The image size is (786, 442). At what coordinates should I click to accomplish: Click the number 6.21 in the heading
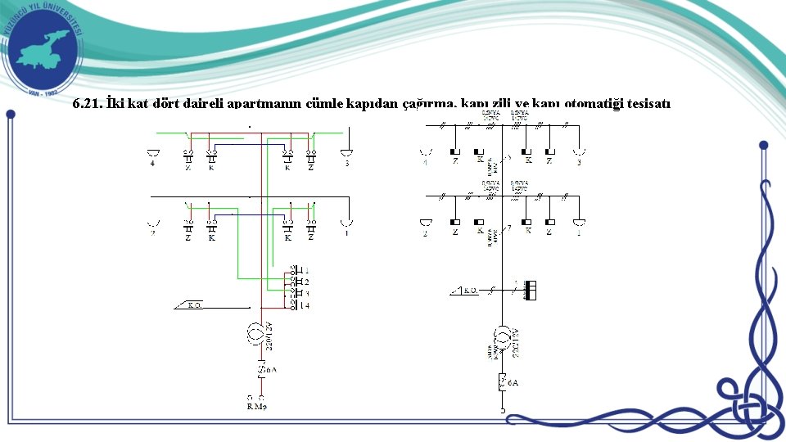click(x=86, y=104)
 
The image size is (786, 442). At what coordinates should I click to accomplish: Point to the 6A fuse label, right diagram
click(x=513, y=382)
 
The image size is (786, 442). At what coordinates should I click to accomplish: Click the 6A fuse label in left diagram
click(x=269, y=369)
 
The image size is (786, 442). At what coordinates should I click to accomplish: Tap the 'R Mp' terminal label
click(x=257, y=406)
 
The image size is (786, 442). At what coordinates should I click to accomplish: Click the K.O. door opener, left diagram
click(x=193, y=306)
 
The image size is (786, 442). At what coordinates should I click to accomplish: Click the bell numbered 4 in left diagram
click(x=152, y=153)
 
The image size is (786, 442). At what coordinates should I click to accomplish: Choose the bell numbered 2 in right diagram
click(x=425, y=223)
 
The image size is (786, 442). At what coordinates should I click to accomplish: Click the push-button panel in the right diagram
click(x=531, y=290)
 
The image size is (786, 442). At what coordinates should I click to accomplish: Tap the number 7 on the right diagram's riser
click(x=508, y=227)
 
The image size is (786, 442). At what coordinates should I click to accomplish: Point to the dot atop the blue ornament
click(x=763, y=145)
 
